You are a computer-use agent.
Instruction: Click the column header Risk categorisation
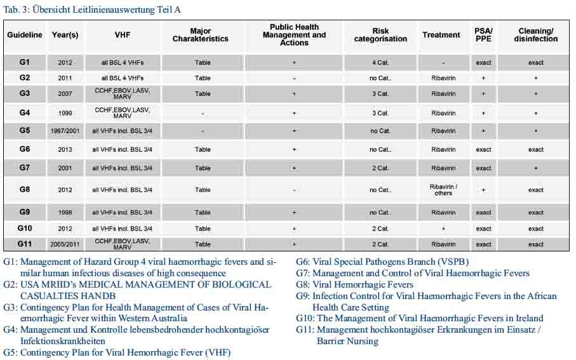[x=380, y=35]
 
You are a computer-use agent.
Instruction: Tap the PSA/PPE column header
[x=483, y=35]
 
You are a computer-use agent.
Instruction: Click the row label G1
[x=24, y=62]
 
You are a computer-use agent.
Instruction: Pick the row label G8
[x=24, y=189]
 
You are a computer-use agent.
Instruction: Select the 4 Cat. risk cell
[x=380, y=63]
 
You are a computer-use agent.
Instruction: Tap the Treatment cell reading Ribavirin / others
[x=443, y=189]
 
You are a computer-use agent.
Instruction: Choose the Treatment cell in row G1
[x=443, y=63]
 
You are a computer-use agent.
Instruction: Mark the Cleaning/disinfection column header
[x=535, y=35]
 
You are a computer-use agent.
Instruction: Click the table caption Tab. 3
[x=95, y=10]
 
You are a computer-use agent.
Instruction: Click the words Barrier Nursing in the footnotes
[x=347, y=341]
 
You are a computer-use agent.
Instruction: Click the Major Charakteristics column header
[x=200, y=35]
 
